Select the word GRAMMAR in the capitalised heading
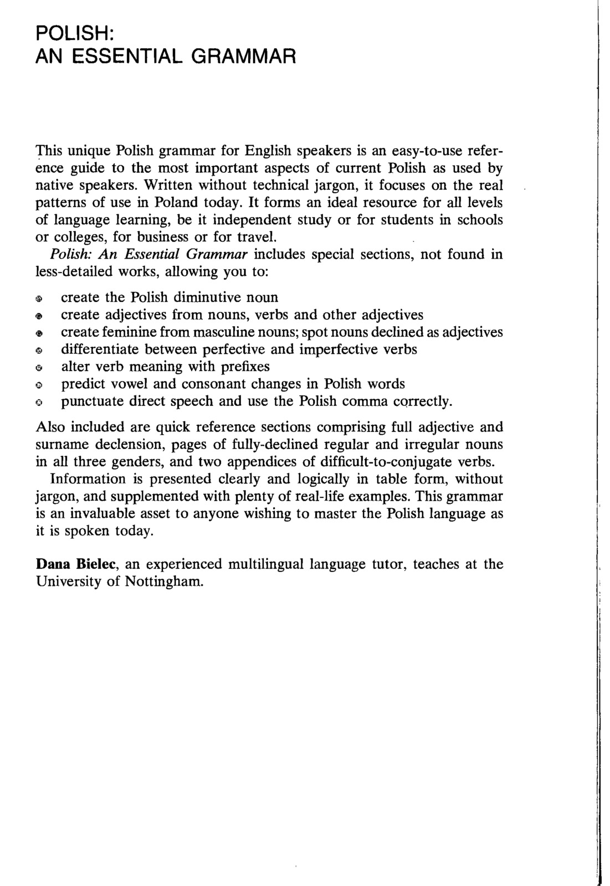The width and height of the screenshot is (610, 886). (x=243, y=56)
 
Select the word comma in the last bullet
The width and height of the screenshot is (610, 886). (x=364, y=401)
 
